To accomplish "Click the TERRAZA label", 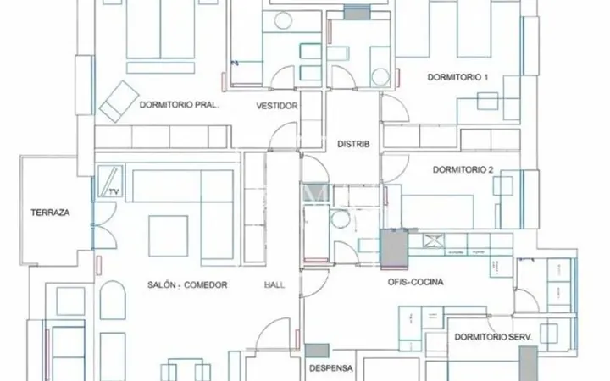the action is point(50,213).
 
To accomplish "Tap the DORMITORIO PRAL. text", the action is point(180,105).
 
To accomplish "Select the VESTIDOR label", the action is point(277,106).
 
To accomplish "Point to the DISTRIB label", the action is point(353,144).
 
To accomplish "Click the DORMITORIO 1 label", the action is point(457,77).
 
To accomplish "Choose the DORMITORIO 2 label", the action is point(463,170).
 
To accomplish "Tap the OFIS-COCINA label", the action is point(415,282).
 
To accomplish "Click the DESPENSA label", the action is point(331,368).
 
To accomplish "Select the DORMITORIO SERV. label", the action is point(493,337).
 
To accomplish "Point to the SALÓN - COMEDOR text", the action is point(187,285).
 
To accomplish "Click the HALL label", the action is point(274,285).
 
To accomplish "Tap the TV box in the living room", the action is point(110,181).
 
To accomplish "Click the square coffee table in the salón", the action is point(168,236).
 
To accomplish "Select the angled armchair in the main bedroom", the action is point(119,102).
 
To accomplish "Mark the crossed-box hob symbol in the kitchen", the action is point(434,240).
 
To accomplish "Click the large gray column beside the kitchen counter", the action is point(394,249).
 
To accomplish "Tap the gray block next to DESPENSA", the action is point(317,351).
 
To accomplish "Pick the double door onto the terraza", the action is point(104,225).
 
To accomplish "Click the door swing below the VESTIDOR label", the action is point(283,135).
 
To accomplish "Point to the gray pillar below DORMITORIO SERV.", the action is point(529,364).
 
